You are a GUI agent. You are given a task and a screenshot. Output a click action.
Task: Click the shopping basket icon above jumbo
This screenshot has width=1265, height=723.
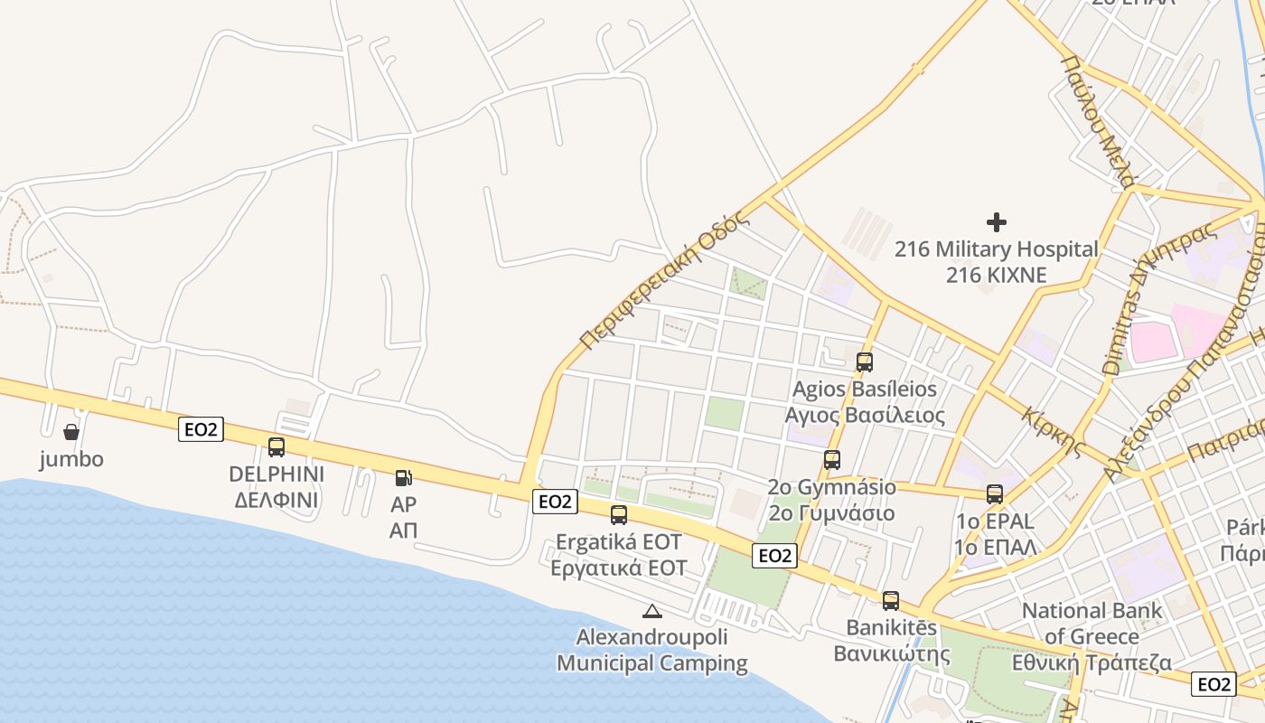[71, 432]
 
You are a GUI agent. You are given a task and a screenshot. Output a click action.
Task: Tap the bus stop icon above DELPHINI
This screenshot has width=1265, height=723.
[276, 446]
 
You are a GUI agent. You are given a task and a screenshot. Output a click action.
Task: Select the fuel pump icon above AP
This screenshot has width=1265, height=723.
[404, 477]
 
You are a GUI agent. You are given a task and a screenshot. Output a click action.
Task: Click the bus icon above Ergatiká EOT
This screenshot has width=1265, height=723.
[619, 515]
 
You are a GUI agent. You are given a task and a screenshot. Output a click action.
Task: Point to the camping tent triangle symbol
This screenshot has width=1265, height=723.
[652, 611]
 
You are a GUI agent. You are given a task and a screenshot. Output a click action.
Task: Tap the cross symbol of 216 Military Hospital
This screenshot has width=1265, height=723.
[997, 221]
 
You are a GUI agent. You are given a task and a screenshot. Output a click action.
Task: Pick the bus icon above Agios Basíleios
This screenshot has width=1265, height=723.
[865, 362]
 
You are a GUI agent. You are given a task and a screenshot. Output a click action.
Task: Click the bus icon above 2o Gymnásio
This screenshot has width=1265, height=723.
[832, 460]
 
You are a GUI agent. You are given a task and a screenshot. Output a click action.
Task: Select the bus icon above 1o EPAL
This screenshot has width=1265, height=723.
[995, 494]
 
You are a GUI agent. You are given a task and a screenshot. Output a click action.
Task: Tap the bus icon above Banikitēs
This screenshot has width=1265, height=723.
[891, 601]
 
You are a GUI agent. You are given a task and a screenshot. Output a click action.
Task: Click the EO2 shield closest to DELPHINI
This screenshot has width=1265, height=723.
[201, 429]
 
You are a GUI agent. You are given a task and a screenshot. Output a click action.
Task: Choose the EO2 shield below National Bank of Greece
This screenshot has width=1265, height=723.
[1213, 684]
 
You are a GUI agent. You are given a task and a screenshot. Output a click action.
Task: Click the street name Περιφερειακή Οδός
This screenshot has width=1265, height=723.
[665, 281]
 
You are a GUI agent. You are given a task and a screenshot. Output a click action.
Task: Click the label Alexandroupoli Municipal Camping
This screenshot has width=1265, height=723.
[652, 651]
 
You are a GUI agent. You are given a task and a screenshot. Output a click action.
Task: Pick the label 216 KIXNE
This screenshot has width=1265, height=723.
[996, 274]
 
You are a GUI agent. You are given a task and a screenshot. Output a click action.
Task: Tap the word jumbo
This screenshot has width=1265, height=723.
[71, 459]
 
